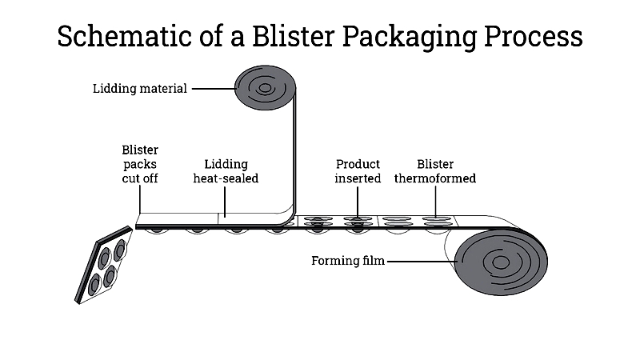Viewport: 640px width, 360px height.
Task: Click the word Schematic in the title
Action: click(x=125, y=36)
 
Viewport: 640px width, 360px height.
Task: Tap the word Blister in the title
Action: click(x=294, y=36)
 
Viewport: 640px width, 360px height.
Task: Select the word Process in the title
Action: click(x=533, y=36)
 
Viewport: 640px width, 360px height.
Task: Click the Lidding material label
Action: click(x=139, y=89)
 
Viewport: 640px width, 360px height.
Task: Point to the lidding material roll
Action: click(x=266, y=88)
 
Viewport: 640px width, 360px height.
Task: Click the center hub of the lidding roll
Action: click(x=265, y=88)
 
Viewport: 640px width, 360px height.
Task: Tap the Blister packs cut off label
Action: click(x=140, y=164)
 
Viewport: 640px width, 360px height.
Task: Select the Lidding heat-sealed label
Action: click(x=226, y=171)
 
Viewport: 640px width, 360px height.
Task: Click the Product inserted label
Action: click(x=358, y=171)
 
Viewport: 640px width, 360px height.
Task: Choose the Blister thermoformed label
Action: click(x=435, y=171)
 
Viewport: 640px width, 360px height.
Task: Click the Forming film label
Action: click(x=348, y=261)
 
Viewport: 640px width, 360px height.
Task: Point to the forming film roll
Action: click(x=502, y=262)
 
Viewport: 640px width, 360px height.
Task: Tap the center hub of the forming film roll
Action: click(x=501, y=262)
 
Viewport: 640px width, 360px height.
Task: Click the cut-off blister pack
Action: click(x=104, y=266)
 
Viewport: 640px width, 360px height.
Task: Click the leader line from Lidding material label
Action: click(x=214, y=88)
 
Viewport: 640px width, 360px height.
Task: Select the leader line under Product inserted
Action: click(x=358, y=203)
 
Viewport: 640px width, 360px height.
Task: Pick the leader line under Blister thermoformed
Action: click(x=435, y=202)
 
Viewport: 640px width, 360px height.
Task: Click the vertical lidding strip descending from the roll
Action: click(x=294, y=151)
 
